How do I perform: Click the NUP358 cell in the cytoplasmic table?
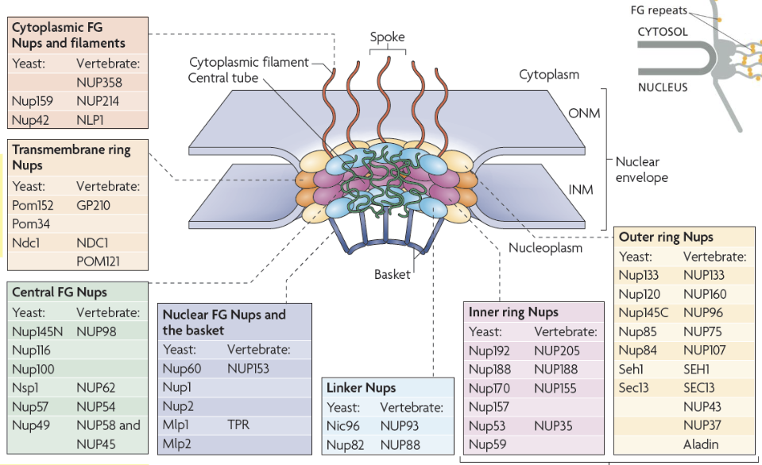(99, 82)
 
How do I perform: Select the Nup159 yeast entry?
(33, 101)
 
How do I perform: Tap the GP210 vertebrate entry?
(94, 205)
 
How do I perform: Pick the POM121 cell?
(99, 261)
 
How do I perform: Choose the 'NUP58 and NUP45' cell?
(108, 433)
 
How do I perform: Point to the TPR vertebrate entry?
(238, 424)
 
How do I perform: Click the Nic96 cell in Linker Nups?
(342, 425)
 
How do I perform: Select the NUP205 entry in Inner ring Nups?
(557, 351)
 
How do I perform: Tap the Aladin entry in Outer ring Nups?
(700, 444)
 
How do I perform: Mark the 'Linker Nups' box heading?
(361, 388)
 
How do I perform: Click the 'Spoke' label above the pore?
(387, 37)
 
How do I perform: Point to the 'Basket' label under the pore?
(393, 275)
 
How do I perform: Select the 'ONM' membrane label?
(584, 113)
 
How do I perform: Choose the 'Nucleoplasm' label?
(545, 248)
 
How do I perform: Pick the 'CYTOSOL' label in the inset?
(663, 33)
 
